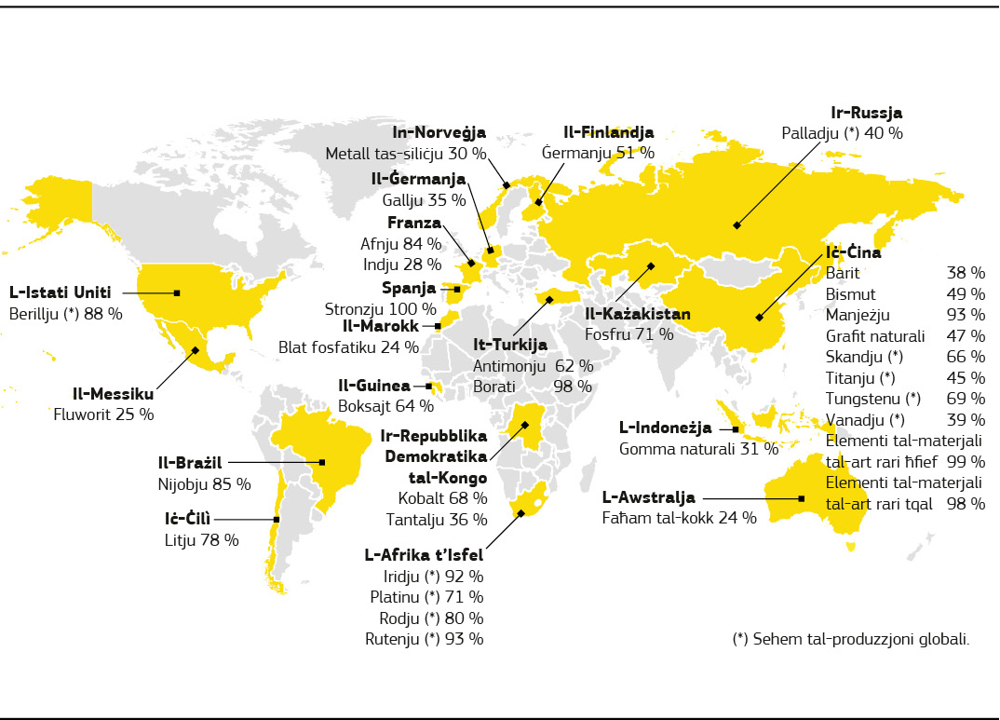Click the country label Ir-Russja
point(866,113)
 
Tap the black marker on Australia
point(801,498)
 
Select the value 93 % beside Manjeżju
point(966,315)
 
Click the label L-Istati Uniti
point(60,292)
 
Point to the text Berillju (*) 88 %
point(65,314)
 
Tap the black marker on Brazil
point(322,462)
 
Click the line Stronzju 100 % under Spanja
point(380,308)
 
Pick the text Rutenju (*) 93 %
point(424,638)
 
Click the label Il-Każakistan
point(638,314)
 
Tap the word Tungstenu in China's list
point(858,399)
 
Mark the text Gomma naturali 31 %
point(698,448)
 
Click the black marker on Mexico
point(195,350)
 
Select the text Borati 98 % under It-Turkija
point(532,386)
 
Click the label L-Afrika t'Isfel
point(423,555)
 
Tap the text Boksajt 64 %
point(386,405)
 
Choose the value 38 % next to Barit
point(966,273)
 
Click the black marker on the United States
point(177,292)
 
